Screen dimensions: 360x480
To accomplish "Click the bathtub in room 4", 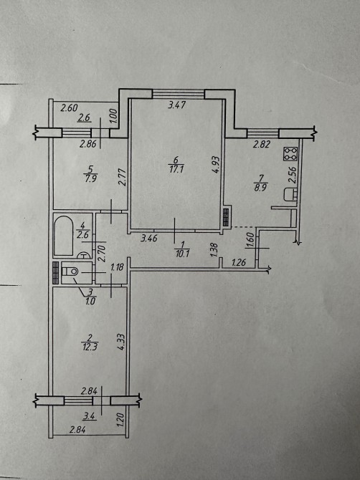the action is [x=64, y=236].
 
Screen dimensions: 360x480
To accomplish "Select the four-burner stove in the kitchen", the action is [x=290, y=154].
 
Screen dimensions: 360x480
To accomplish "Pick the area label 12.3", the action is [x=90, y=347].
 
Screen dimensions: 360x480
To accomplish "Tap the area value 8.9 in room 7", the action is [x=261, y=188].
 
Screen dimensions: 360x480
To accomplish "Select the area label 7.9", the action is [x=90, y=178].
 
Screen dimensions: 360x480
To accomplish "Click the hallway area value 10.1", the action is [x=183, y=254].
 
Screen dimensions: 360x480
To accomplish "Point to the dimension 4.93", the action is [x=216, y=165].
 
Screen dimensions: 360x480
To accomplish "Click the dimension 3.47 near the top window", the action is [x=177, y=105].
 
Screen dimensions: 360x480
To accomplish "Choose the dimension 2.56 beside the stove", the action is [x=293, y=175].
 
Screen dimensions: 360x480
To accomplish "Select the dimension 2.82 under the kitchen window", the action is [x=261, y=145].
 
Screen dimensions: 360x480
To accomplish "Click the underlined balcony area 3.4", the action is [x=90, y=416].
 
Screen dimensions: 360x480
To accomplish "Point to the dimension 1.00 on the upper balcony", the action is [x=113, y=116].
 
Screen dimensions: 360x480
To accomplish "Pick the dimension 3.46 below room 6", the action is [x=149, y=238].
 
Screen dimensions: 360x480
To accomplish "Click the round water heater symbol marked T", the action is [x=83, y=256].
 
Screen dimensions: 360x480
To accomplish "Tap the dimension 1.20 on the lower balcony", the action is [x=120, y=421].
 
